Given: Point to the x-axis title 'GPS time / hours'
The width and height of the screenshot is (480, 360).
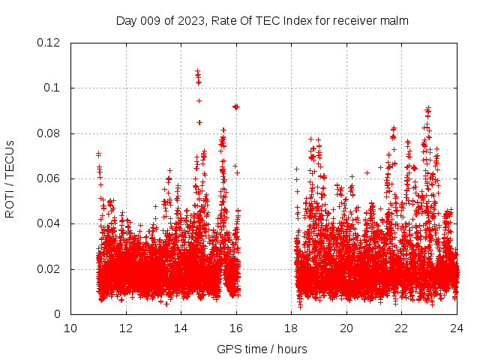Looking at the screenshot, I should click(262, 349).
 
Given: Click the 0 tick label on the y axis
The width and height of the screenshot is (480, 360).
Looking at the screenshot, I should click(58, 314).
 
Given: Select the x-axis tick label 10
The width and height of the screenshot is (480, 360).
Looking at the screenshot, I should click(70, 328).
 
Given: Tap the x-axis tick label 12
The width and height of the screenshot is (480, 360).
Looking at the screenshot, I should click(126, 328).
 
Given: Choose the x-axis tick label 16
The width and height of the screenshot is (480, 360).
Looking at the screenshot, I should click(236, 328).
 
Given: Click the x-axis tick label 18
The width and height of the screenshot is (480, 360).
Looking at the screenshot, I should click(292, 328).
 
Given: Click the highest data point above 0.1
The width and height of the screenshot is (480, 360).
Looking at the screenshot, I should click(197, 72).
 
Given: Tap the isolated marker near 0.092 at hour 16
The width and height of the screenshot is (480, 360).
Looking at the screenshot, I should click(235, 106).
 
